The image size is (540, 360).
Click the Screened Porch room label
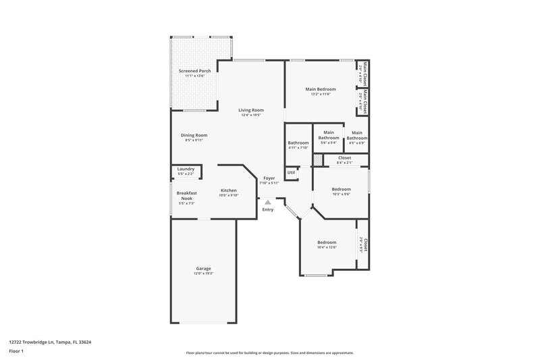coord(194,71)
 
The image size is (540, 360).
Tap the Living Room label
coord(251,110)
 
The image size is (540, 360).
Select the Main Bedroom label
coord(320,89)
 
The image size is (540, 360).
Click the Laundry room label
coord(186,169)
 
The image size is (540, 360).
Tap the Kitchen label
coord(228,190)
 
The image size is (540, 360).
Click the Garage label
coord(203,268)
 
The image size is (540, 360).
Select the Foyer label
coord(269,178)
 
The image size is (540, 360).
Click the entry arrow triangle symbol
coord(268,201)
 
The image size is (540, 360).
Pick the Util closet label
coord(291,172)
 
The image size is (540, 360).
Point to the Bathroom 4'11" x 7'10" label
coord(298,143)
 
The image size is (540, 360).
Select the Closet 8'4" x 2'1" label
coord(344,158)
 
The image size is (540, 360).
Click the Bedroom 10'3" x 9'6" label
coord(341,189)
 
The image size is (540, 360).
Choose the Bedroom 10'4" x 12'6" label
coord(327,242)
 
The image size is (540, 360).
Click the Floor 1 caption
coord(17,352)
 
